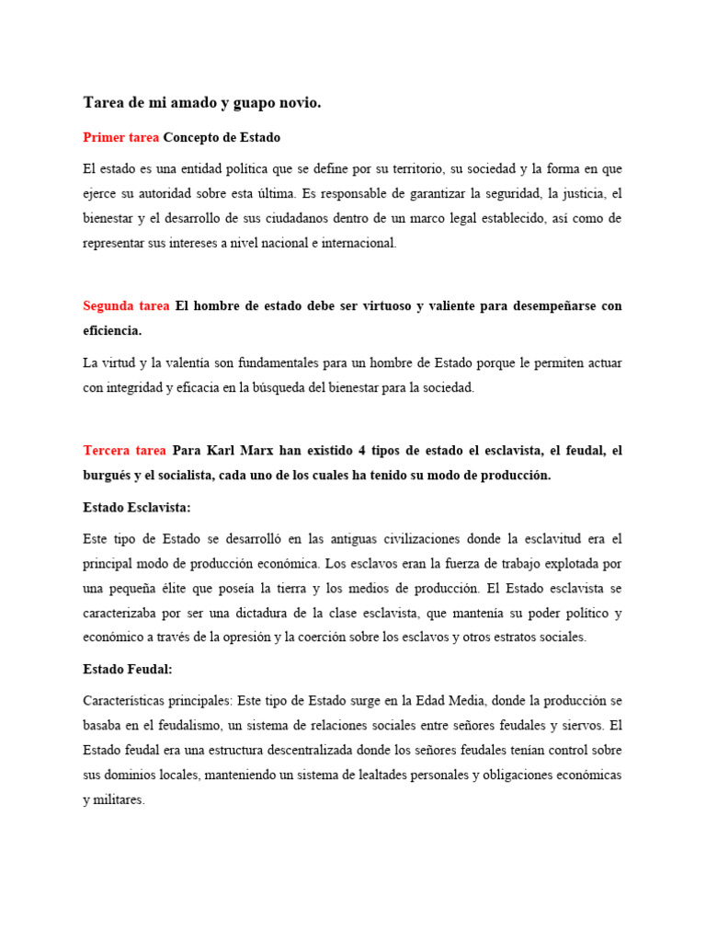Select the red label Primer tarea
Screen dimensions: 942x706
120,137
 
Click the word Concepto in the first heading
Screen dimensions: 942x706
195,137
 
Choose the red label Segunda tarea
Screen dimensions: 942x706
125,305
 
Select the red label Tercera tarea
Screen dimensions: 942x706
124,450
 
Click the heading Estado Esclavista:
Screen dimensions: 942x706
137,507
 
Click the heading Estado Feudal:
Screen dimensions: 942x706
127,670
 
